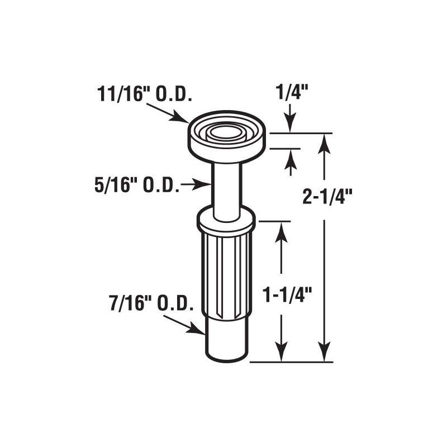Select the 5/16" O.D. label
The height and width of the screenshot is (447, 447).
point(137,185)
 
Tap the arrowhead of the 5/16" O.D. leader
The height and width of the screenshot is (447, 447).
point(207,183)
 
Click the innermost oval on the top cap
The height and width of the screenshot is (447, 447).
point(226,132)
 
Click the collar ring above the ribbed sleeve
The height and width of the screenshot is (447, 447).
point(226,221)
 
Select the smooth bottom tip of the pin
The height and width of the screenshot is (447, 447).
point(226,341)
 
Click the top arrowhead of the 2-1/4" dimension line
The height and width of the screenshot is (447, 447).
point(324,141)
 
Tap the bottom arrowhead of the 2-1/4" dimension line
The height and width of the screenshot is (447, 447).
point(324,355)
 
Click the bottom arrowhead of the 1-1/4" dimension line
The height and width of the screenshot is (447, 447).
point(281,355)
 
